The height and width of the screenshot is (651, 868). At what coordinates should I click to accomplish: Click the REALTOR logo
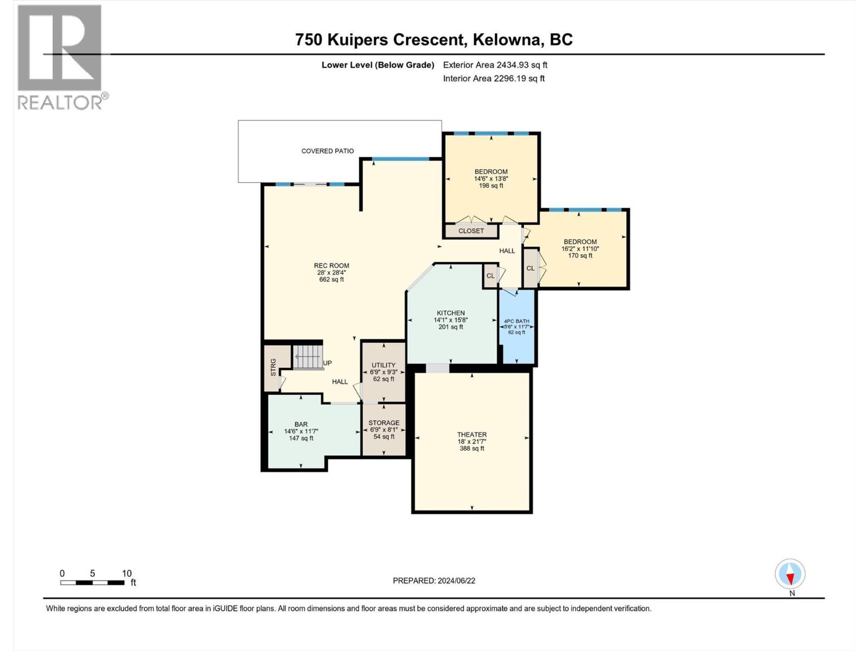click(60, 57)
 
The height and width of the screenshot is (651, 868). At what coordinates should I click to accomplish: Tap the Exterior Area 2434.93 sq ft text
click(495, 65)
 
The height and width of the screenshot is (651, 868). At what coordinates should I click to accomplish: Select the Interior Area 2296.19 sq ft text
click(494, 78)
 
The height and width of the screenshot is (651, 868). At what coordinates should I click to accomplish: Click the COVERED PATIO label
click(328, 151)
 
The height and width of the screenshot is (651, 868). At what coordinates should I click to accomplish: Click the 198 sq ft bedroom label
click(491, 178)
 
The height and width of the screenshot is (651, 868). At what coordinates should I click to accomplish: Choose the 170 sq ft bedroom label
click(580, 248)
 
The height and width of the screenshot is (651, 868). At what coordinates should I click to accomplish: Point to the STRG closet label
click(273, 367)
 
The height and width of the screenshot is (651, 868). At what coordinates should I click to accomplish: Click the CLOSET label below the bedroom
click(471, 231)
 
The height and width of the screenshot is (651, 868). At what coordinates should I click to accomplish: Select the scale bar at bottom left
click(92, 582)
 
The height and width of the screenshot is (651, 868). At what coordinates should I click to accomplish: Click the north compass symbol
click(790, 574)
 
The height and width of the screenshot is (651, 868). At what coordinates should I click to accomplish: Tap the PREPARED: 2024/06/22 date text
click(434, 580)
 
